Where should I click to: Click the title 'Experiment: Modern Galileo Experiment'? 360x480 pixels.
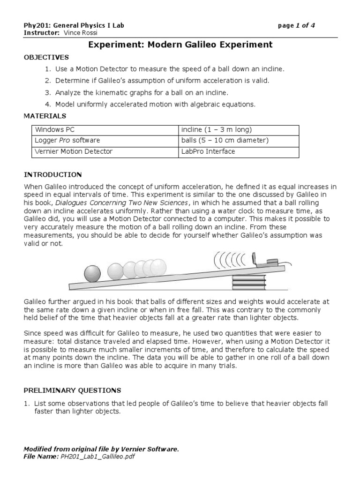[180, 45]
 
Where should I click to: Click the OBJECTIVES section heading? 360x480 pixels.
[46, 57]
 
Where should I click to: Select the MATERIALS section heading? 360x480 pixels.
[45, 116]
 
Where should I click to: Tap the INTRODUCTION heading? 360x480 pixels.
[53, 175]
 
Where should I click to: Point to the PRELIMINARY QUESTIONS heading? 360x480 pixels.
[72, 390]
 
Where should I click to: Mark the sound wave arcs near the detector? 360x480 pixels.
[230, 259]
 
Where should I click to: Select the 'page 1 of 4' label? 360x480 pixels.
[296, 25]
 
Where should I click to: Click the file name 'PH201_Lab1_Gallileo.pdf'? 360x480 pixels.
[97, 457]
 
